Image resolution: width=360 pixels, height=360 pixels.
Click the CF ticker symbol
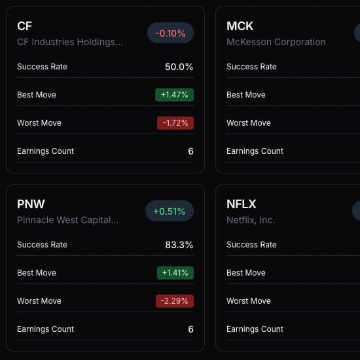[x=24, y=26]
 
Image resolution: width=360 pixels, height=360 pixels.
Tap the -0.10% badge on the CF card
[x=170, y=33]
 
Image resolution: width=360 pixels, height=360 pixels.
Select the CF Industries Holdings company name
[x=69, y=42]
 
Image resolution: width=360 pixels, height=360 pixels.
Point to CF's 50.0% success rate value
[x=179, y=67]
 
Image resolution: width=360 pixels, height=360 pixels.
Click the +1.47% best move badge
[x=175, y=95]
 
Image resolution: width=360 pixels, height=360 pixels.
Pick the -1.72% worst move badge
[x=175, y=123]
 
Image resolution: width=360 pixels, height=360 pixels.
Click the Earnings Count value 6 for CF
[x=190, y=151]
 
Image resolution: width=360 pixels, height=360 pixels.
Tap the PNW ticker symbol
[x=31, y=204]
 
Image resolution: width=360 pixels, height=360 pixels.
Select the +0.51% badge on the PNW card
[x=170, y=211]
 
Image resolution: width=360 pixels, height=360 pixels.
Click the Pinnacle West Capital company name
[x=67, y=220]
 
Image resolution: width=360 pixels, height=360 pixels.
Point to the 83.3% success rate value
[x=179, y=245]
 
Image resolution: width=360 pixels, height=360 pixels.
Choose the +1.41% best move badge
[x=175, y=273]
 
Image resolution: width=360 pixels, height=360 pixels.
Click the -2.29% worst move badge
[x=175, y=301]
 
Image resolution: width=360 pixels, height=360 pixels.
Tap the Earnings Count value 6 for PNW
[x=190, y=329]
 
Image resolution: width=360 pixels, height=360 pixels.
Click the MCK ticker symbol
[x=240, y=26]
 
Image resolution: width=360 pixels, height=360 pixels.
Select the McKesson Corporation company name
[x=276, y=42]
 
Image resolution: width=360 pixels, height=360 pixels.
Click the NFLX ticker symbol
[x=241, y=204]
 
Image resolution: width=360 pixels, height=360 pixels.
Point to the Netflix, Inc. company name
[x=251, y=220]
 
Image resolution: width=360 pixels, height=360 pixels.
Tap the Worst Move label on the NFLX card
[x=248, y=301]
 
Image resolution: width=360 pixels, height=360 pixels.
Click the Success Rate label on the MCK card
[x=251, y=67]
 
